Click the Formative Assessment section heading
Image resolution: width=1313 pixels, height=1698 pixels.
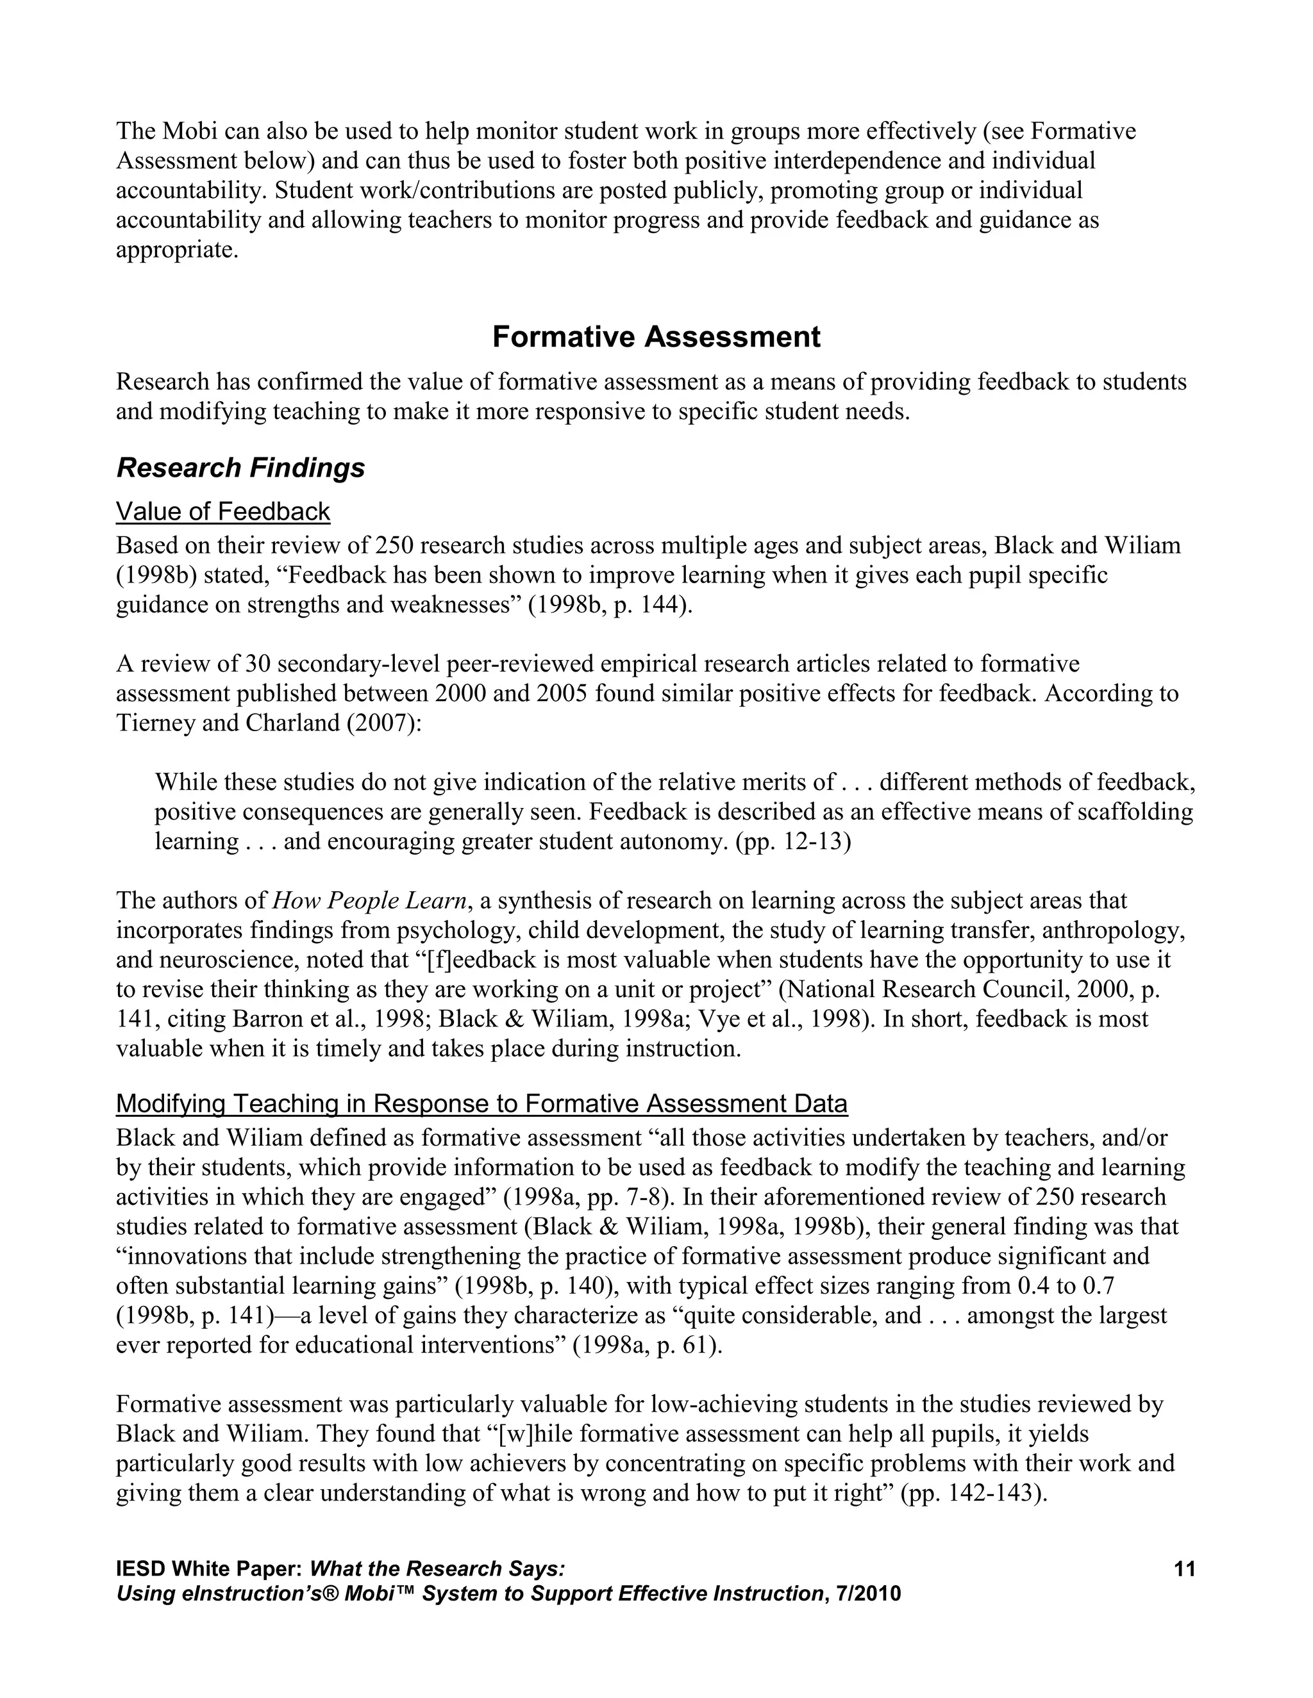tap(656, 336)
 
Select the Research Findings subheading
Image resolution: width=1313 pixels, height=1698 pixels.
tap(240, 468)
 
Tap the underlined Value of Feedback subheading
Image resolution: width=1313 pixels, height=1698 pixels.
tap(223, 511)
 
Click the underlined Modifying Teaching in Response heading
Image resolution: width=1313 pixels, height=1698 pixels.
tap(481, 1103)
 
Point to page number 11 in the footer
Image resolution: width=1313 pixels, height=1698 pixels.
tap(1184, 1569)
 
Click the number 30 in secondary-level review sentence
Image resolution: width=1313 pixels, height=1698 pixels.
tap(256, 664)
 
